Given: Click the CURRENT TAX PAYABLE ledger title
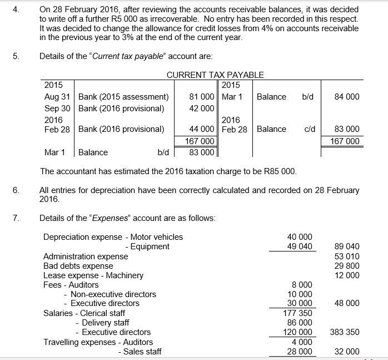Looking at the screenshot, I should [x=215, y=75].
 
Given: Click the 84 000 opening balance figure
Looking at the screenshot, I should [x=347, y=97].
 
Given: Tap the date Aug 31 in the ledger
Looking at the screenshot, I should [x=57, y=97].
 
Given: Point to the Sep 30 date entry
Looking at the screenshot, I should [x=57, y=108].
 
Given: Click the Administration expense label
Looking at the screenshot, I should [x=86, y=257].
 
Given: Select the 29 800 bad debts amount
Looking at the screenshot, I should [x=348, y=266].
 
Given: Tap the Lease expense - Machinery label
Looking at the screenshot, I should [x=93, y=275].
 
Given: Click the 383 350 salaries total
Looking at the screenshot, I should [x=345, y=332].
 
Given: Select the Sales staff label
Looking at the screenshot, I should [x=142, y=352].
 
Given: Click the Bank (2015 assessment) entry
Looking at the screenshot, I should [x=123, y=97].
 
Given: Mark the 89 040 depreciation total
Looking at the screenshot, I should [x=348, y=246].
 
